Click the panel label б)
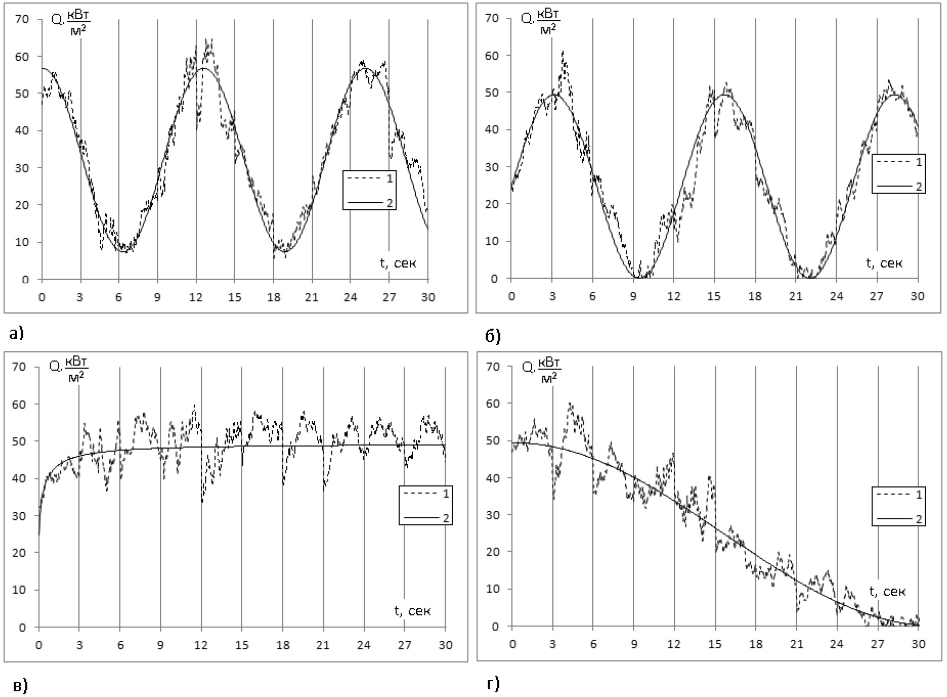click(493, 336)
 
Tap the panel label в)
click(20, 686)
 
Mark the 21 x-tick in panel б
click(795, 296)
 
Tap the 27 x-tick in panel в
click(404, 645)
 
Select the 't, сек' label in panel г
click(887, 591)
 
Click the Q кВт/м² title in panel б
click(541, 21)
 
